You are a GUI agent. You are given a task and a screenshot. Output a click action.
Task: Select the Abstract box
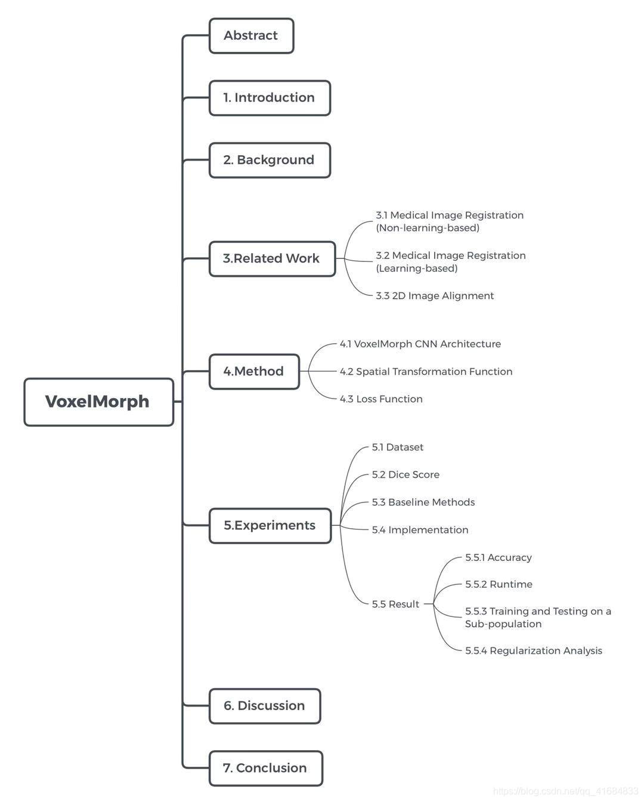pyautogui.click(x=251, y=36)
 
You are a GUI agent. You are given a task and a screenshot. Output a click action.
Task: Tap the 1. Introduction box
pyautogui.click(x=270, y=98)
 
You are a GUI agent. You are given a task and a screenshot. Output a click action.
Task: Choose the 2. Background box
pyautogui.click(x=270, y=160)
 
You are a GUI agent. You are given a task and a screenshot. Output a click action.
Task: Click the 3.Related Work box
pyautogui.click(x=272, y=258)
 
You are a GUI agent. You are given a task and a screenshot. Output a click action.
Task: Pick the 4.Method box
pyautogui.click(x=254, y=371)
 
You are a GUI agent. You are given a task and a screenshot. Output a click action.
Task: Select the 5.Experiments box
pyautogui.click(x=270, y=525)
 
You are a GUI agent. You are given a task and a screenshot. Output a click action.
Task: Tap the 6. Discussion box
pyautogui.click(x=265, y=706)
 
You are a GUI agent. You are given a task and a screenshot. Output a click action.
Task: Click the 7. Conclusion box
pyautogui.click(x=265, y=768)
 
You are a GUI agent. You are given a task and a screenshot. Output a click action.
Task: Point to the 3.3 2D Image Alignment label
pyautogui.click(x=435, y=296)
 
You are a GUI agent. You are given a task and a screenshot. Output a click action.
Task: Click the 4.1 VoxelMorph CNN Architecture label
pyautogui.click(x=420, y=344)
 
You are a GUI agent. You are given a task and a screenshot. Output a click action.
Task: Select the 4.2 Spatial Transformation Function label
pyautogui.click(x=426, y=372)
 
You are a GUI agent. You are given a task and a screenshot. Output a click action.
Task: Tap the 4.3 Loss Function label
pyautogui.click(x=381, y=399)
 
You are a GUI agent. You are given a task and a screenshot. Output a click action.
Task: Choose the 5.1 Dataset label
pyautogui.click(x=398, y=448)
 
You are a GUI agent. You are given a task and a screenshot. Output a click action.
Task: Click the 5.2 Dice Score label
pyautogui.click(x=405, y=475)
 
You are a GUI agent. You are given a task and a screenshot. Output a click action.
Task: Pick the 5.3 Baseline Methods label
pyautogui.click(x=423, y=502)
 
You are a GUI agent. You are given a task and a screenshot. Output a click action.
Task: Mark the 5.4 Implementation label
pyautogui.click(x=420, y=530)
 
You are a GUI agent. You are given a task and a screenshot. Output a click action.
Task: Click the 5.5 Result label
pyautogui.click(x=395, y=604)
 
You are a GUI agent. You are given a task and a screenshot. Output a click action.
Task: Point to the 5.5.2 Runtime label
pyautogui.click(x=499, y=585)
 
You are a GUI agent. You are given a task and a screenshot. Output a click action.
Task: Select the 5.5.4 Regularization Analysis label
pyautogui.click(x=534, y=651)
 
